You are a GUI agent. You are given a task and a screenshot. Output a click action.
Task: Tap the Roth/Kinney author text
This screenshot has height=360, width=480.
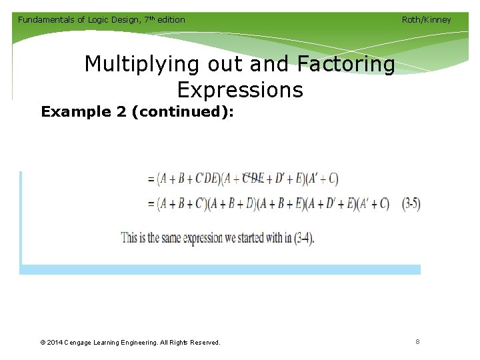pyautogui.click(x=426, y=19)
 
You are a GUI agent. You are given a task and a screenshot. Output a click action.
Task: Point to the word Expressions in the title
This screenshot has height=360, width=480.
pyautogui.click(x=240, y=89)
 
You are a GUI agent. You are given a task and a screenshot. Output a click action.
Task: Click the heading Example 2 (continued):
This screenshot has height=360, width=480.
pyautogui.click(x=137, y=111)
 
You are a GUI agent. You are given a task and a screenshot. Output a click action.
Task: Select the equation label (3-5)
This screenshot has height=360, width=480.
pyautogui.click(x=411, y=203)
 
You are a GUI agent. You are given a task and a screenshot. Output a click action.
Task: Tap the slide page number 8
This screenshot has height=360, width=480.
pyautogui.click(x=417, y=342)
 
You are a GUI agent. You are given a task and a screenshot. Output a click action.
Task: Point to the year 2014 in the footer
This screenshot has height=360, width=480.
pyautogui.click(x=57, y=343)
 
